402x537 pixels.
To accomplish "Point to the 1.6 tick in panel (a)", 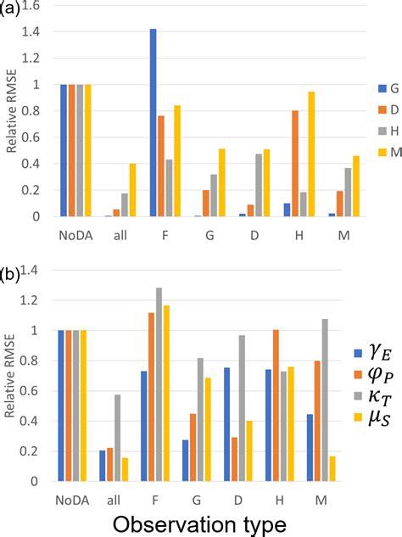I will [37, 5].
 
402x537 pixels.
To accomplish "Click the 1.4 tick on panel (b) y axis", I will [37, 271].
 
